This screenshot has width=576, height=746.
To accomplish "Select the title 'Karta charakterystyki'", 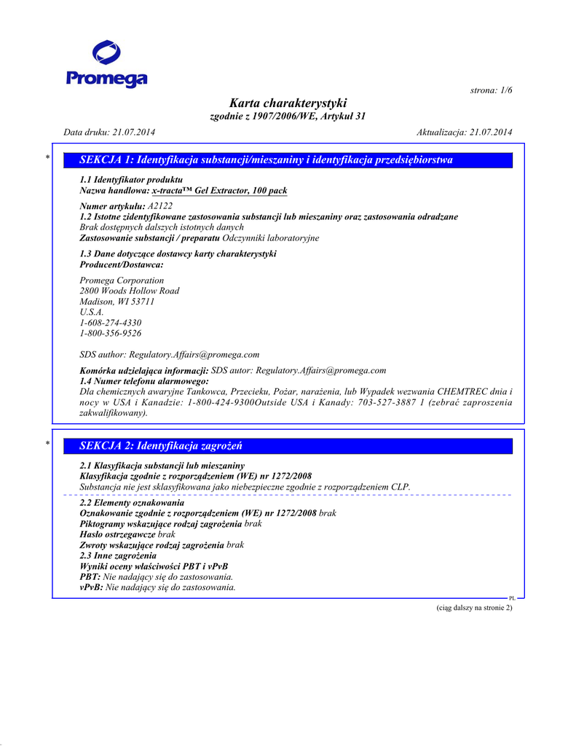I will (288, 103).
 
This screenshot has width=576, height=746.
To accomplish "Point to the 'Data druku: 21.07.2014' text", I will (109, 132).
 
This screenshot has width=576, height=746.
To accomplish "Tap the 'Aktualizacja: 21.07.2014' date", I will (465, 132).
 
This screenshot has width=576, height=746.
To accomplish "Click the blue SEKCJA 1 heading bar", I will (288, 160).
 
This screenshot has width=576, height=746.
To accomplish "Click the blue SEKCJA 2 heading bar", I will (288, 445).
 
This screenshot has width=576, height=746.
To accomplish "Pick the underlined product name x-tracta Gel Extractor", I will (218, 191).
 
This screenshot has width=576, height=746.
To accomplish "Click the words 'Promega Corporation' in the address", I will (122, 280).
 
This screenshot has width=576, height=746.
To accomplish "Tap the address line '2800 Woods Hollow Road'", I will (129, 291).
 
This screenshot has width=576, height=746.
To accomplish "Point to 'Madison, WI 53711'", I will (117, 302).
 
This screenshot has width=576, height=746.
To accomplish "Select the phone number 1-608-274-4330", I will (110, 323).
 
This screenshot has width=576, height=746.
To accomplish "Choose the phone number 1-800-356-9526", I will (110, 333).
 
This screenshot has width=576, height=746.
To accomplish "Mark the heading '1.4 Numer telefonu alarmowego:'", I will (144, 381).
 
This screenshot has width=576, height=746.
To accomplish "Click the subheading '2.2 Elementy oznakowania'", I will (132, 503).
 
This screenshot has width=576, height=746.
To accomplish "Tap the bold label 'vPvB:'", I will (91, 586).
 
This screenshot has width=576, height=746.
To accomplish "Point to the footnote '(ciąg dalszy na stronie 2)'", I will (470, 608).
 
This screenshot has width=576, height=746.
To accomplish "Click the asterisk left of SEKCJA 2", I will (48, 443).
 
